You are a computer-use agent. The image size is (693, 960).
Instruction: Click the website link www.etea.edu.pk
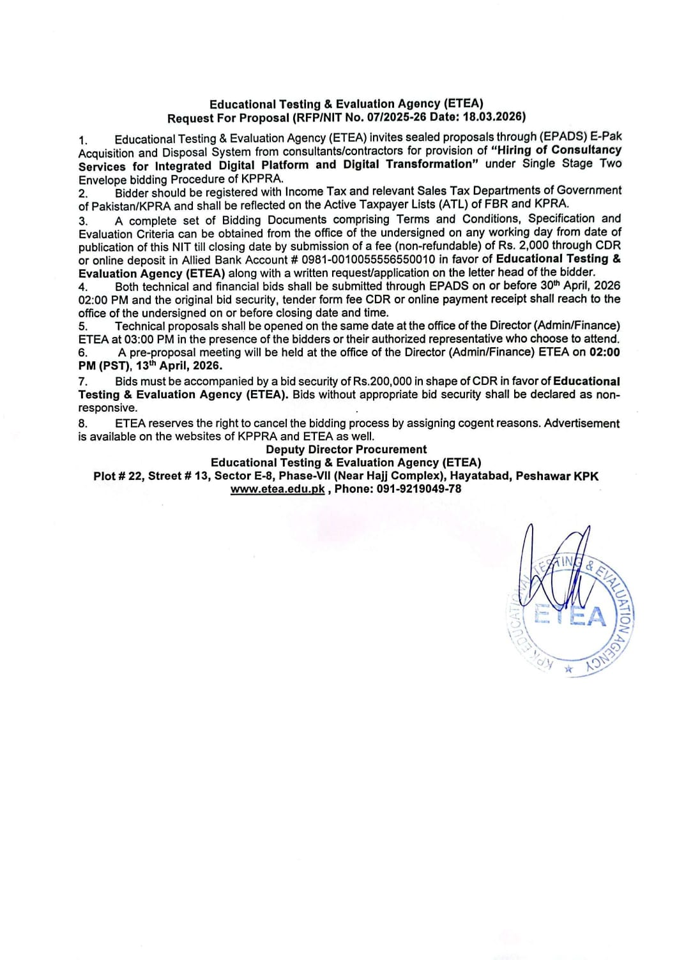tap(277, 489)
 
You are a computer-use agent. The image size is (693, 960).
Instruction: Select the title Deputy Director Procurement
tap(346, 449)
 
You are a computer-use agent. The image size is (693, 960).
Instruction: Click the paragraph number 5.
tap(83, 326)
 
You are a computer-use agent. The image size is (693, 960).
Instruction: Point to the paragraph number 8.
tap(83, 423)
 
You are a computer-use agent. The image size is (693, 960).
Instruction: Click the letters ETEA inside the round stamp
tap(570, 617)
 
